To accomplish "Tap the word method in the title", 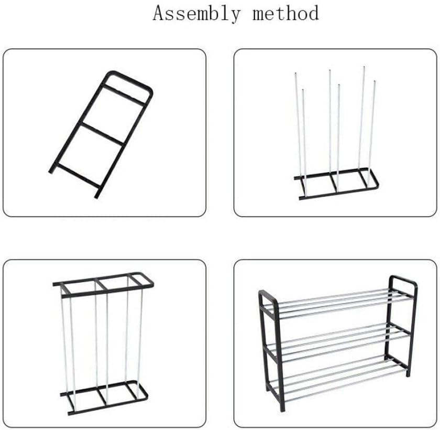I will pyautogui.click(x=285, y=13).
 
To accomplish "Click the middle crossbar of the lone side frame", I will pyautogui.click(x=102, y=133).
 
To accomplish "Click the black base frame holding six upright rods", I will pyautogui.click(x=335, y=188).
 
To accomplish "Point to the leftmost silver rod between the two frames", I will pyautogui.click(x=64, y=341).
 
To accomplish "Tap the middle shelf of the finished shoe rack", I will pyautogui.click(x=338, y=338).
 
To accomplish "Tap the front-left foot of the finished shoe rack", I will pyautogui.click(x=282, y=407).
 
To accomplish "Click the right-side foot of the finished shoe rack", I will pyautogui.click(x=409, y=372).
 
